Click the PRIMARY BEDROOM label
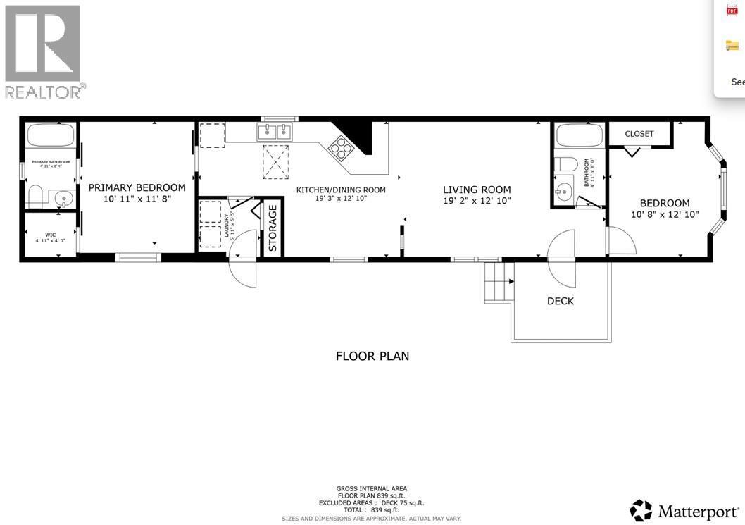click(137, 187)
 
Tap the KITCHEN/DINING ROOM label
click(341, 190)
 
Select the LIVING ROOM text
click(477, 190)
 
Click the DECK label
click(560, 301)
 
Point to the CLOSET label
click(639, 134)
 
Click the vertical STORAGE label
click(273, 227)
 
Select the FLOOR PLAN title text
click(372, 356)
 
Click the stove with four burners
click(342, 149)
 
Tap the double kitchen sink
click(275, 132)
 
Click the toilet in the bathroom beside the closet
click(566, 165)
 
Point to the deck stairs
click(499, 282)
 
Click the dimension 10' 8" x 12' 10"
click(664, 215)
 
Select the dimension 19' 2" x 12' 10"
click(477, 201)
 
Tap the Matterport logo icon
click(641, 510)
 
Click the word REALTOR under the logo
click(43, 92)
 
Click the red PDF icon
click(732, 10)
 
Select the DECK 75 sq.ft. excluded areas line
click(372, 502)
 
